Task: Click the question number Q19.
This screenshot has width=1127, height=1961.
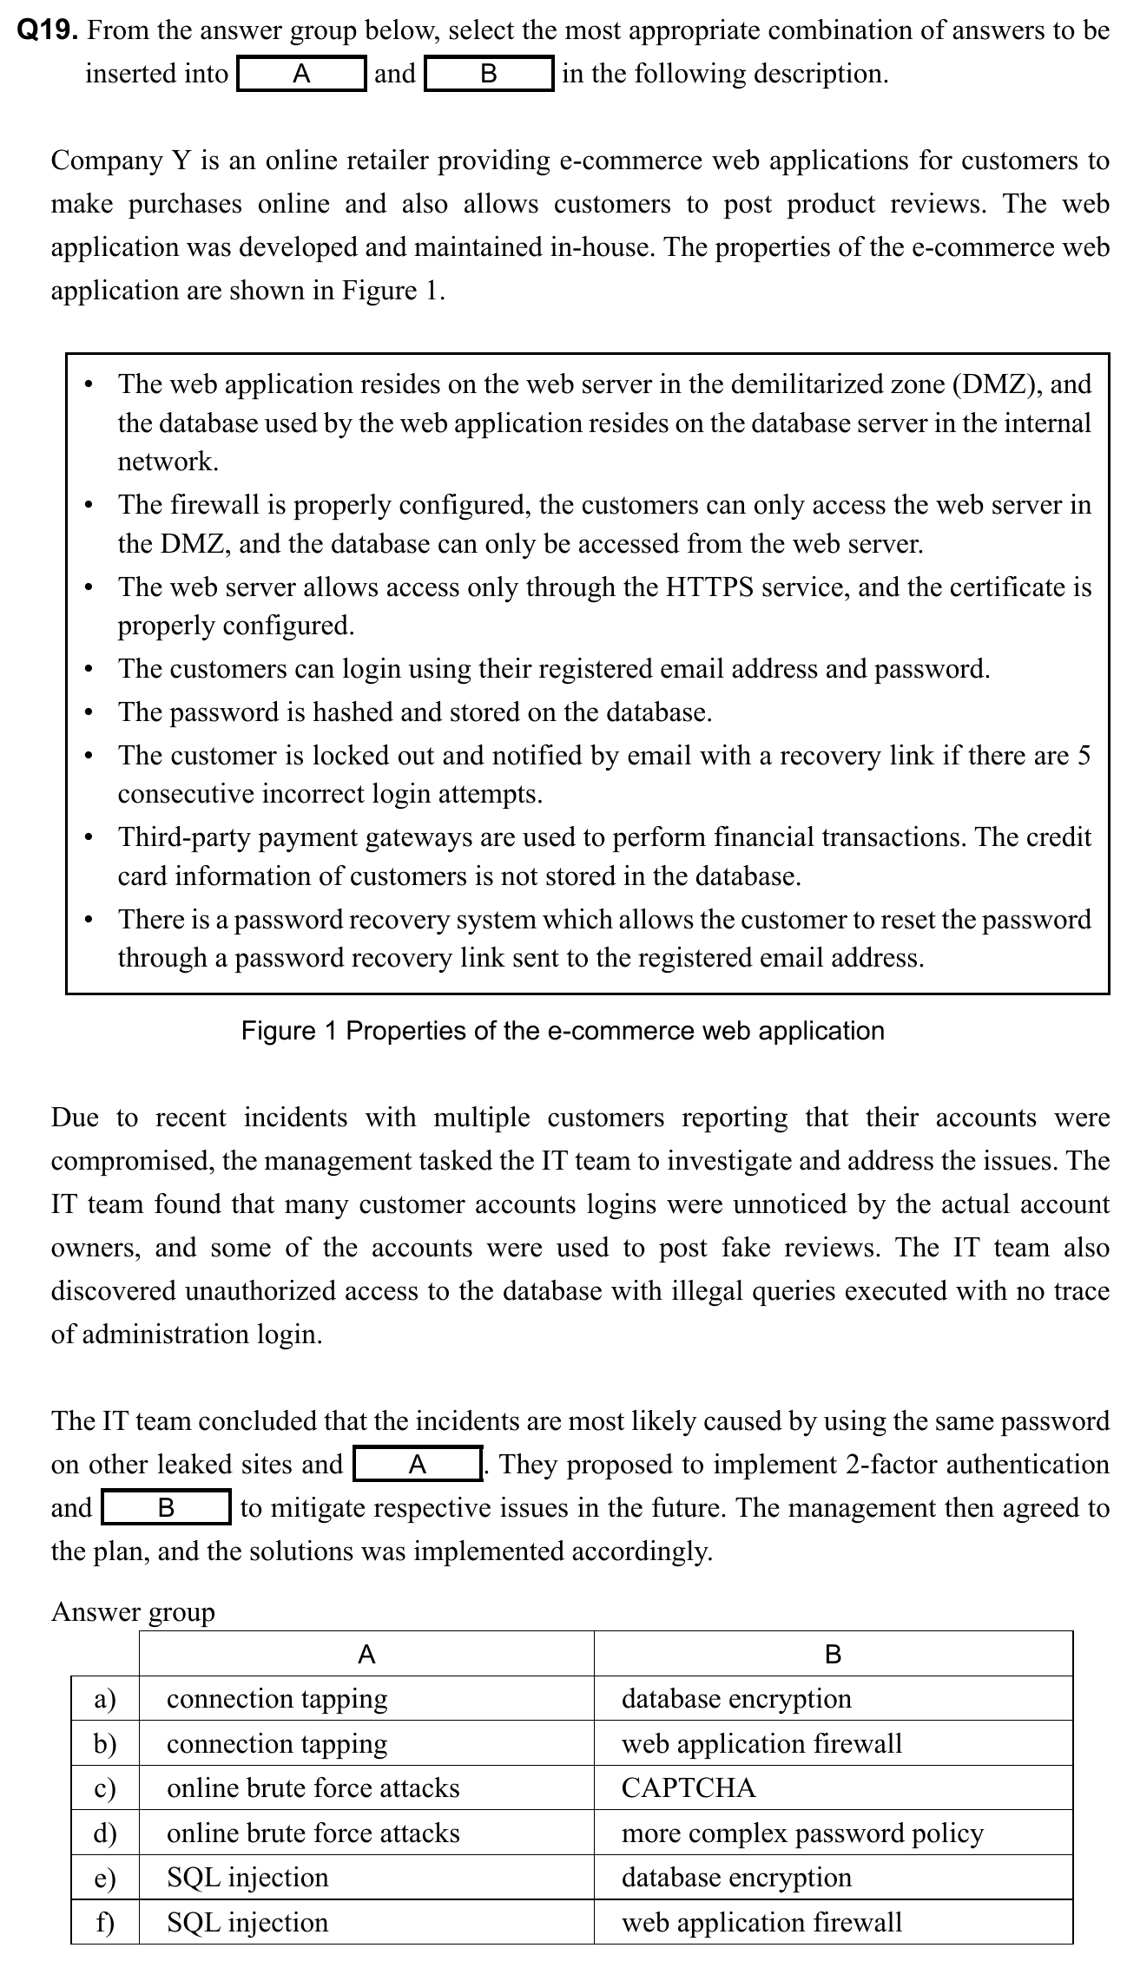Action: coord(49,31)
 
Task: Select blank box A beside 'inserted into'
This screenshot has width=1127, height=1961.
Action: coord(301,74)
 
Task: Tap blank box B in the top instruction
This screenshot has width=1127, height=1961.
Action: coord(489,74)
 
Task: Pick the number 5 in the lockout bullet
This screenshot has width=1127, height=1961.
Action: coord(1083,756)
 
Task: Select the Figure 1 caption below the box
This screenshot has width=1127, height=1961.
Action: coord(563,1031)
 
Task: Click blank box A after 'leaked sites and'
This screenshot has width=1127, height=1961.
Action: coord(418,1465)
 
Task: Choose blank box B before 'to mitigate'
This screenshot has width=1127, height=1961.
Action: coord(166,1508)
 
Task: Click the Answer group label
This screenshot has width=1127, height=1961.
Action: coord(133,1611)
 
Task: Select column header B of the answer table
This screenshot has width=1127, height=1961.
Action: coord(833,1654)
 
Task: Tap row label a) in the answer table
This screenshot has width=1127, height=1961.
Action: coord(105,1698)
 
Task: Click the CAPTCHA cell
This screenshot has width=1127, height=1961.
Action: coord(689,1788)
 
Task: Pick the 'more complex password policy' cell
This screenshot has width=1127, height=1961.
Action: coord(802,1833)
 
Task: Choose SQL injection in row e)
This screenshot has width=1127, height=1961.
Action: coord(247,1878)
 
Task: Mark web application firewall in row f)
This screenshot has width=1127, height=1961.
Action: coord(761,1922)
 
